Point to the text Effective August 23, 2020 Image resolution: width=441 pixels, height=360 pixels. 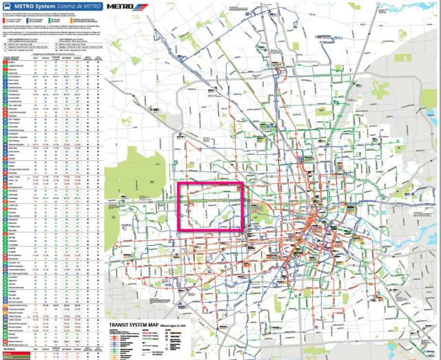(x=174, y=324)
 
